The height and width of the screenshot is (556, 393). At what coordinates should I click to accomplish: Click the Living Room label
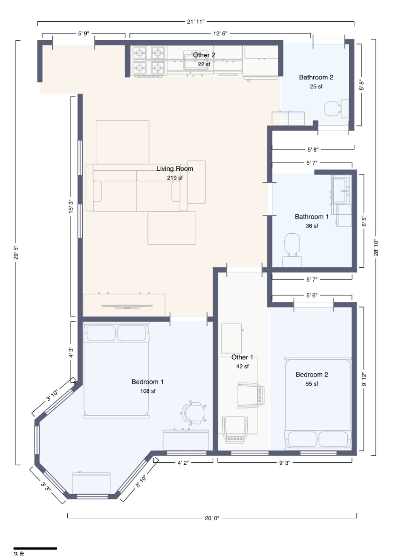point(175,169)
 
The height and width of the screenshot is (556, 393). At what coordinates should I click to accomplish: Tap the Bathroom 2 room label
point(316,77)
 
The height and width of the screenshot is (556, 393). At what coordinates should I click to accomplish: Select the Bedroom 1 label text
point(147,382)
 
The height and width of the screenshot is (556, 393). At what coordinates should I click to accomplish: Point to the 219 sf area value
point(175,178)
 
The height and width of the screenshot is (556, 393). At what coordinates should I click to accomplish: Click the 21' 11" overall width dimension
point(196,22)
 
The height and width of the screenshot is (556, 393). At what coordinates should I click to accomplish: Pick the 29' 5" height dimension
point(16,253)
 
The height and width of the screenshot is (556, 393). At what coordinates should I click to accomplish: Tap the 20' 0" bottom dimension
point(212,518)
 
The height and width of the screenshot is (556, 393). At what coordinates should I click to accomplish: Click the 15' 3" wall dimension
point(71,207)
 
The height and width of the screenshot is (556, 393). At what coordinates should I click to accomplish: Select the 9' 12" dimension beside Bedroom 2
point(364,379)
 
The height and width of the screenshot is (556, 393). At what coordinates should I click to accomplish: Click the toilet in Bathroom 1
point(292,250)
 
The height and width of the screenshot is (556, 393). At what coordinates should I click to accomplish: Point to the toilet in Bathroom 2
point(336,109)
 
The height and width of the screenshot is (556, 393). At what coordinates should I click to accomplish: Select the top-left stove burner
point(139,53)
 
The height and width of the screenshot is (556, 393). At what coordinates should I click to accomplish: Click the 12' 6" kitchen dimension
point(220,33)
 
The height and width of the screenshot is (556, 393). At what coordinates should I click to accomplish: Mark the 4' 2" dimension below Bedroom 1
point(183,463)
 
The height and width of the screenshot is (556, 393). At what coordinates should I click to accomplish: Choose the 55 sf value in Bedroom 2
point(312,384)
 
